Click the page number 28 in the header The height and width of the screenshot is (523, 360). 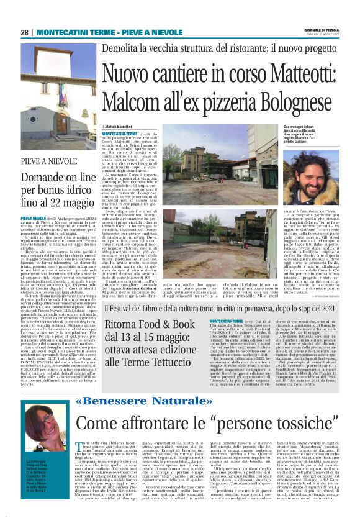[x=24, y=32]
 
